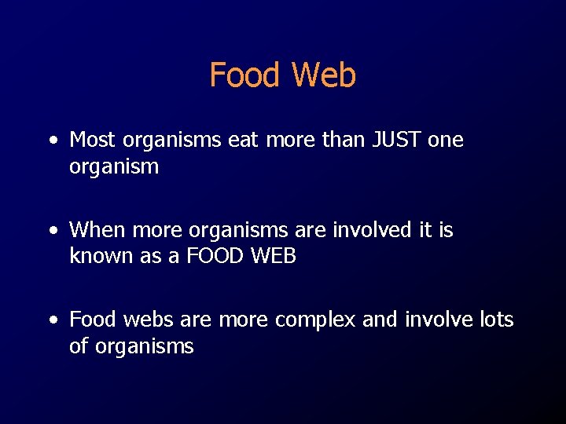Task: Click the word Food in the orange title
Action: pyautogui.click(x=244, y=75)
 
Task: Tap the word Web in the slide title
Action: pyautogui.click(x=323, y=75)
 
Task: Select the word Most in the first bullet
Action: pyautogui.click(x=93, y=140)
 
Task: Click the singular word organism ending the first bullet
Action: pyautogui.click(x=114, y=167)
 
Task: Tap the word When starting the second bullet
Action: pyautogui.click(x=97, y=230)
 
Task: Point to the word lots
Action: pyautogui.click(x=494, y=320)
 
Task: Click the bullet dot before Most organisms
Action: pyautogui.click(x=53, y=141)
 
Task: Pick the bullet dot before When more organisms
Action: pyautogui.click(x=53, y=232)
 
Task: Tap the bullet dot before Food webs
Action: pyautogui.click(x=53, y=321)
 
